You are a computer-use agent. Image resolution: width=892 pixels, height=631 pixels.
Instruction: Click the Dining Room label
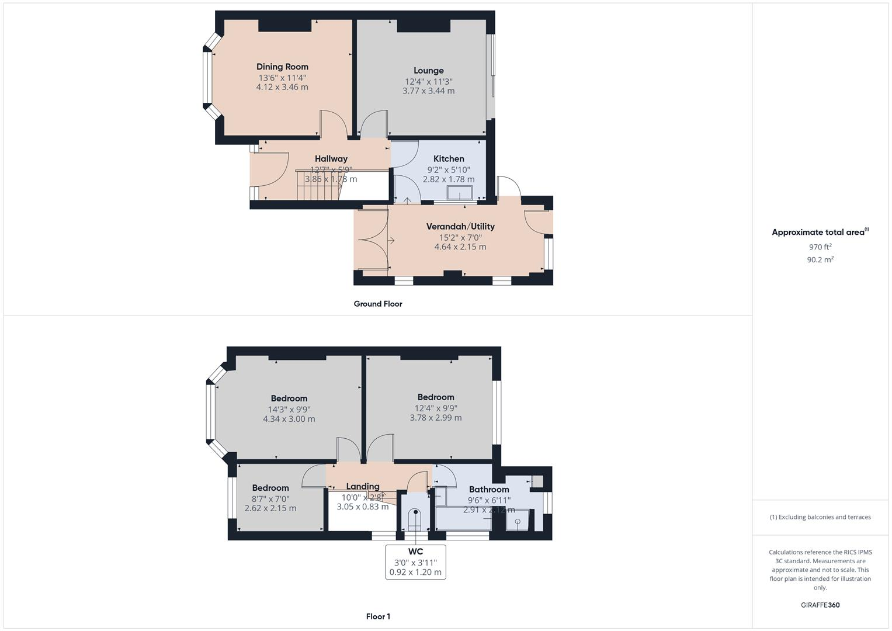coord(282,67)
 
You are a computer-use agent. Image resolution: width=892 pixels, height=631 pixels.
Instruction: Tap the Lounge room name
coord(429,71)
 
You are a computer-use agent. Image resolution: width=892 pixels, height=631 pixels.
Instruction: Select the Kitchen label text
coord(449,159)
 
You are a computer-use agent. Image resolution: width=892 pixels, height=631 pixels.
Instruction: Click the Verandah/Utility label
coord(460,227)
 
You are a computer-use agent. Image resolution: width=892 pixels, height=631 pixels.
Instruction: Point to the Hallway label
coord(331,159)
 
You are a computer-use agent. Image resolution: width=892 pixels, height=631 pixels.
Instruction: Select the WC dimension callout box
coord(415,562)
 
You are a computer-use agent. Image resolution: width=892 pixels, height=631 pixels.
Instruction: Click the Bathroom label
coord(489,490)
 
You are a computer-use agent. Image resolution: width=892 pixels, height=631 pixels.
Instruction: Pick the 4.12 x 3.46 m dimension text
coord(282,87)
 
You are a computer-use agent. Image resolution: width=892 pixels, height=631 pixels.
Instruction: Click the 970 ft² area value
coord(820,247)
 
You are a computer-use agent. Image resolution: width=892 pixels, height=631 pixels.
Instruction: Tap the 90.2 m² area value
coord(820,259)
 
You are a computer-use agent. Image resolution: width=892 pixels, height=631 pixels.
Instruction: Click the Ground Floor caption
coord(378,304)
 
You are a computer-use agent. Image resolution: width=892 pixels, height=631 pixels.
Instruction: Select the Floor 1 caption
coord(378,616)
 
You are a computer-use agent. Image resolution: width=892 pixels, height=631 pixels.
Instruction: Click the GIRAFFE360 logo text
coord(820,605)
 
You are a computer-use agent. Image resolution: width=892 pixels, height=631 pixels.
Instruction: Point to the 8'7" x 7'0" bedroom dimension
coord(270,499)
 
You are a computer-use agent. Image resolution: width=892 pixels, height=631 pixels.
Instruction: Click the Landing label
coord(363,487)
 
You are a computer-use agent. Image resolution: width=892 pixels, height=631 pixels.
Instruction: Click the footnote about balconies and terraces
coord(820,517)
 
